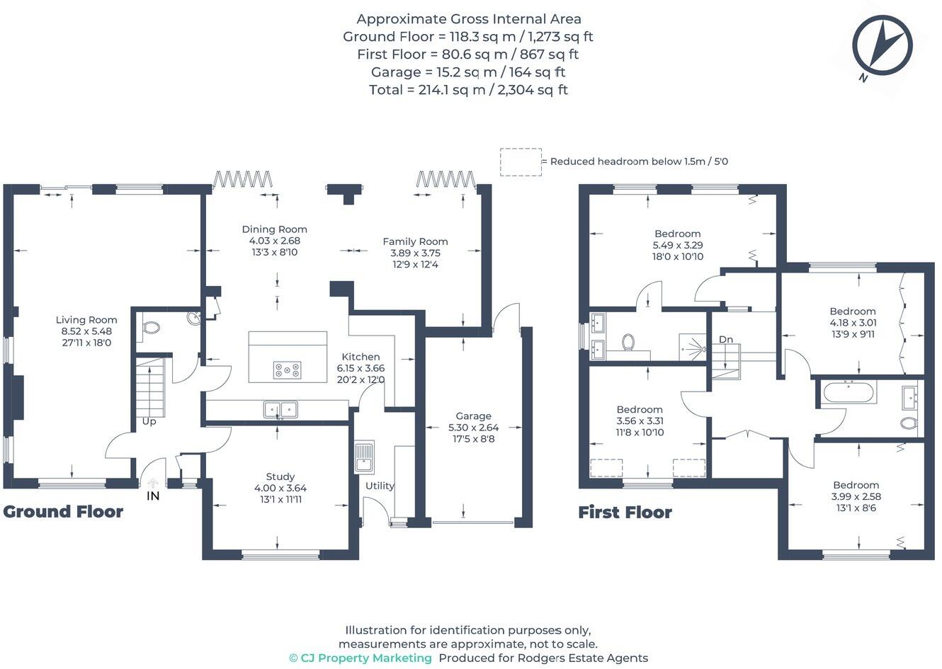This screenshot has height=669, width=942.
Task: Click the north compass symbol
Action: point(882,46)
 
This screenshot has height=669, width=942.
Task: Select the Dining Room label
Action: point(275,229)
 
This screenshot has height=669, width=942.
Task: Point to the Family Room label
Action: point(415,241)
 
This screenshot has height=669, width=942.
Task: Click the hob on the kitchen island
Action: point(287,370)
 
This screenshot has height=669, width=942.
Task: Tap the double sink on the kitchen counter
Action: point(281,409)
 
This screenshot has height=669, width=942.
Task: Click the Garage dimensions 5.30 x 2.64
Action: point(473,428)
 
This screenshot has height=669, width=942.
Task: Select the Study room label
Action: point(280,476)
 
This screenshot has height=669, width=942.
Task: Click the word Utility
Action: point(380,486)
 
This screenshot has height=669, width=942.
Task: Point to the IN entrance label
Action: point(153,496)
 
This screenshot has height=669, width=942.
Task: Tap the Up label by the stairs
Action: point(149,421)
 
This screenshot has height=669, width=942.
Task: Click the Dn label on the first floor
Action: point(726,340)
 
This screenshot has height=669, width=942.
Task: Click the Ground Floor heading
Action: point(63,512)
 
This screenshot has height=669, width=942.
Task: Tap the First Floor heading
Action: point(625,513)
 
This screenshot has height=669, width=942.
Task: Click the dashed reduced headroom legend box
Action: point(521,161)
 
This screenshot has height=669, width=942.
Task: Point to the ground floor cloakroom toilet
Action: point(150,328)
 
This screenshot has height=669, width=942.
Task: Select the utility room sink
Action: point(364,457)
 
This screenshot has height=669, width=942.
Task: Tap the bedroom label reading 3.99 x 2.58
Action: point(856,496)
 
